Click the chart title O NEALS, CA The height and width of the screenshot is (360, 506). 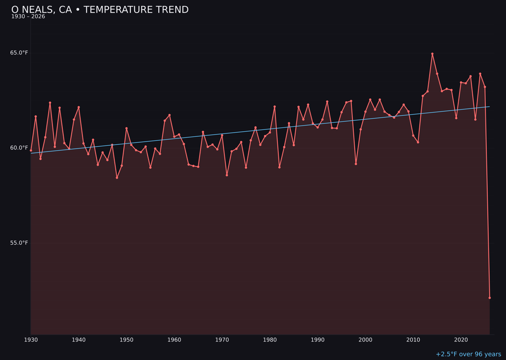pyautogui.click(x=100, y=10)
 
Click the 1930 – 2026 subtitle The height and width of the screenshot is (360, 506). pyautogui.click(x=28, y=17)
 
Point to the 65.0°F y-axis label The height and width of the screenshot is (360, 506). pyautogui.click(x=19, y=52)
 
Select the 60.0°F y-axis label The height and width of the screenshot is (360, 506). pyautogui.click(x=19, y=148)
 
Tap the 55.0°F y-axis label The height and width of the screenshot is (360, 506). pyautogui.click(x=19, y=243)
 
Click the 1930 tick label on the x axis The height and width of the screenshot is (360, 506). pyautogui.click(x=31, y=340)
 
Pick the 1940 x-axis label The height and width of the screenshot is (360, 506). pyautogui.click(x=79, y=340)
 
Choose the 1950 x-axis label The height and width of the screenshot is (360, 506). pyautogui.click(x=126, y=340)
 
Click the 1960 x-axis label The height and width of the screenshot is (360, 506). pyautogui.click(x=174, y=340)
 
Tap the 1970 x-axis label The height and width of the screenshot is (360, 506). pyautogui.click(x=222, y=340)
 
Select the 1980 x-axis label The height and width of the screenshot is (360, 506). pyautogui.click(x=270, y=340)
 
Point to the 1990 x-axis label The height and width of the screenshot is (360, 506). pyautogui.click(x=318, y=340)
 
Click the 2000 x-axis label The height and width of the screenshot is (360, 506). pyautogui.click(x=365, y=340)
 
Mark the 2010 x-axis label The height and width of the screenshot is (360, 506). pyautogui.click(x=413, y=340)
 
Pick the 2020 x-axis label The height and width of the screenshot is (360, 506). pyautogui.click(x=461, y=340)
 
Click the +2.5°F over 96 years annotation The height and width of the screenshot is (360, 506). pyautogui.click(x=468, y=354)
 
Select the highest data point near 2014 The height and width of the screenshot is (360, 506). pyautogui.click(x=432, y=54)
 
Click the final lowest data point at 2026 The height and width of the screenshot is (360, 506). pyautogui.click(x=490, y=298)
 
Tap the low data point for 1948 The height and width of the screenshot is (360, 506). pyautogui.click(x=117, y=178)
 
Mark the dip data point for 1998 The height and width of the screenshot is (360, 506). pyautogui.click(x=356, y=164)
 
